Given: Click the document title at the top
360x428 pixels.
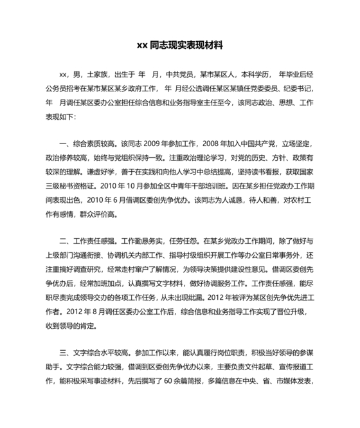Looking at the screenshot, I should [179, 46].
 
